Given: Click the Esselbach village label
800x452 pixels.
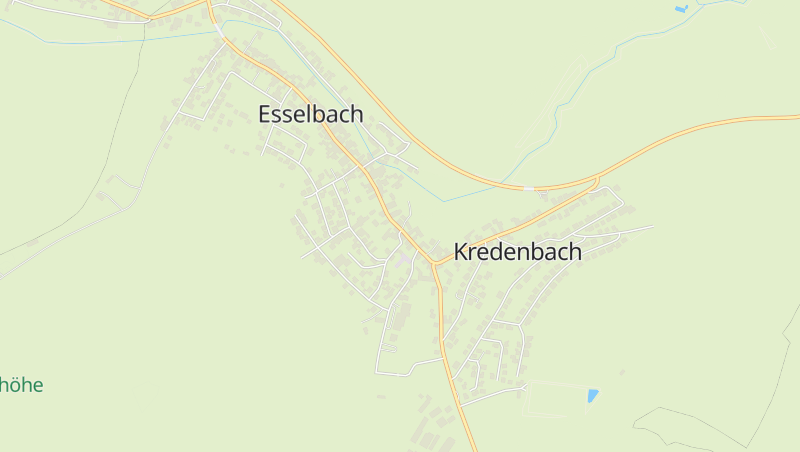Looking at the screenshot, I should point(310,114).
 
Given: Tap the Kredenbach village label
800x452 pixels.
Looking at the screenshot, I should point(517,252).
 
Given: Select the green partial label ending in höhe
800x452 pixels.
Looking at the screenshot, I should point(22,385).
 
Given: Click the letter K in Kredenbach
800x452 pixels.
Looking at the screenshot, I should point(461,252).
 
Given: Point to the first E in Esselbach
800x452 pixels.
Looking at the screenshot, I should point(265,114).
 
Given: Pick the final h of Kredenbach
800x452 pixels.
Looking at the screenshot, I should point(575,252).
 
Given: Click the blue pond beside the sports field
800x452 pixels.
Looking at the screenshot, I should point(593,395).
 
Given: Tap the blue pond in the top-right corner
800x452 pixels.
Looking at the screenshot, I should point(681,9).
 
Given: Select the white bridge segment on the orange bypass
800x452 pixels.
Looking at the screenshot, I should point(528,187).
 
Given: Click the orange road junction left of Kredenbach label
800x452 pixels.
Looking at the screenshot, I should point(435,265).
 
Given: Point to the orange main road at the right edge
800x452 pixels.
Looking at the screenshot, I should point(790,117).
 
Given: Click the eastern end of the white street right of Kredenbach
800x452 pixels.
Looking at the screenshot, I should point(652,226).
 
